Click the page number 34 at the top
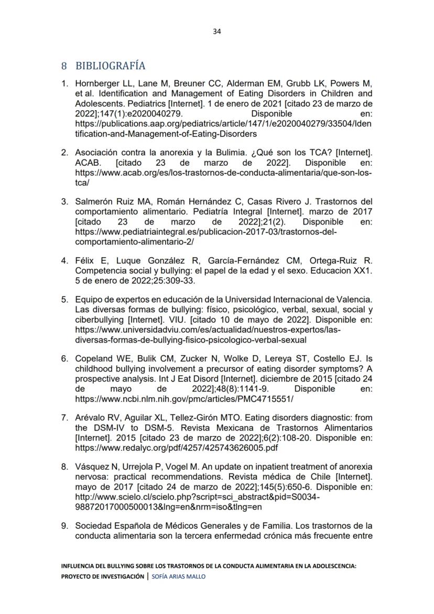217,31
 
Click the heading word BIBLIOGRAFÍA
110,66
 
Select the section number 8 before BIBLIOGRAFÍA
64,66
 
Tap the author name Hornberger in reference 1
98,83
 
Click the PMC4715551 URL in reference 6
185,399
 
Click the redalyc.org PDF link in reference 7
177,448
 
